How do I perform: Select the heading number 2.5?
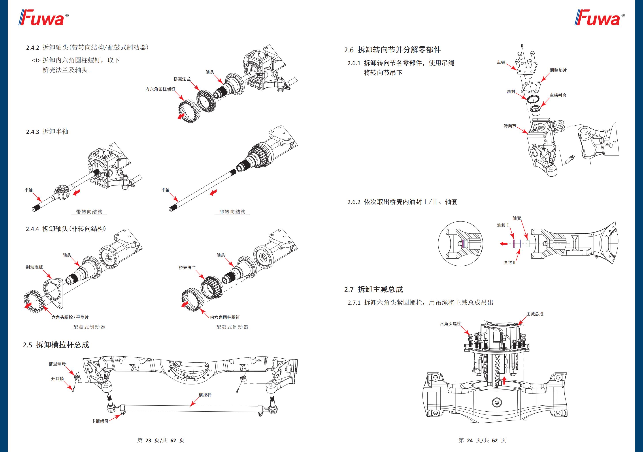[x=27, y=345]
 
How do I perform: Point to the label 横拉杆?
[x=205, y=395]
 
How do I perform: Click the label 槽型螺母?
[x=57, y=364]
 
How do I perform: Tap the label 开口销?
[x=57, y=379]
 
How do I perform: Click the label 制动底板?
[x=34, y=267]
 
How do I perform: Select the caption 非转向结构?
[x=232, y=212]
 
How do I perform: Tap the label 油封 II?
[x=509, y=263]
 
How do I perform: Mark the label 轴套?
[x=517, y=218]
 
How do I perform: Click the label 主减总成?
[x=535, y=314]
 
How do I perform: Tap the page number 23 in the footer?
[x=148, y=440]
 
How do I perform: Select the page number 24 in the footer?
[x=470, y=440]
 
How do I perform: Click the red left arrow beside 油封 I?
[x=503, y=244]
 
